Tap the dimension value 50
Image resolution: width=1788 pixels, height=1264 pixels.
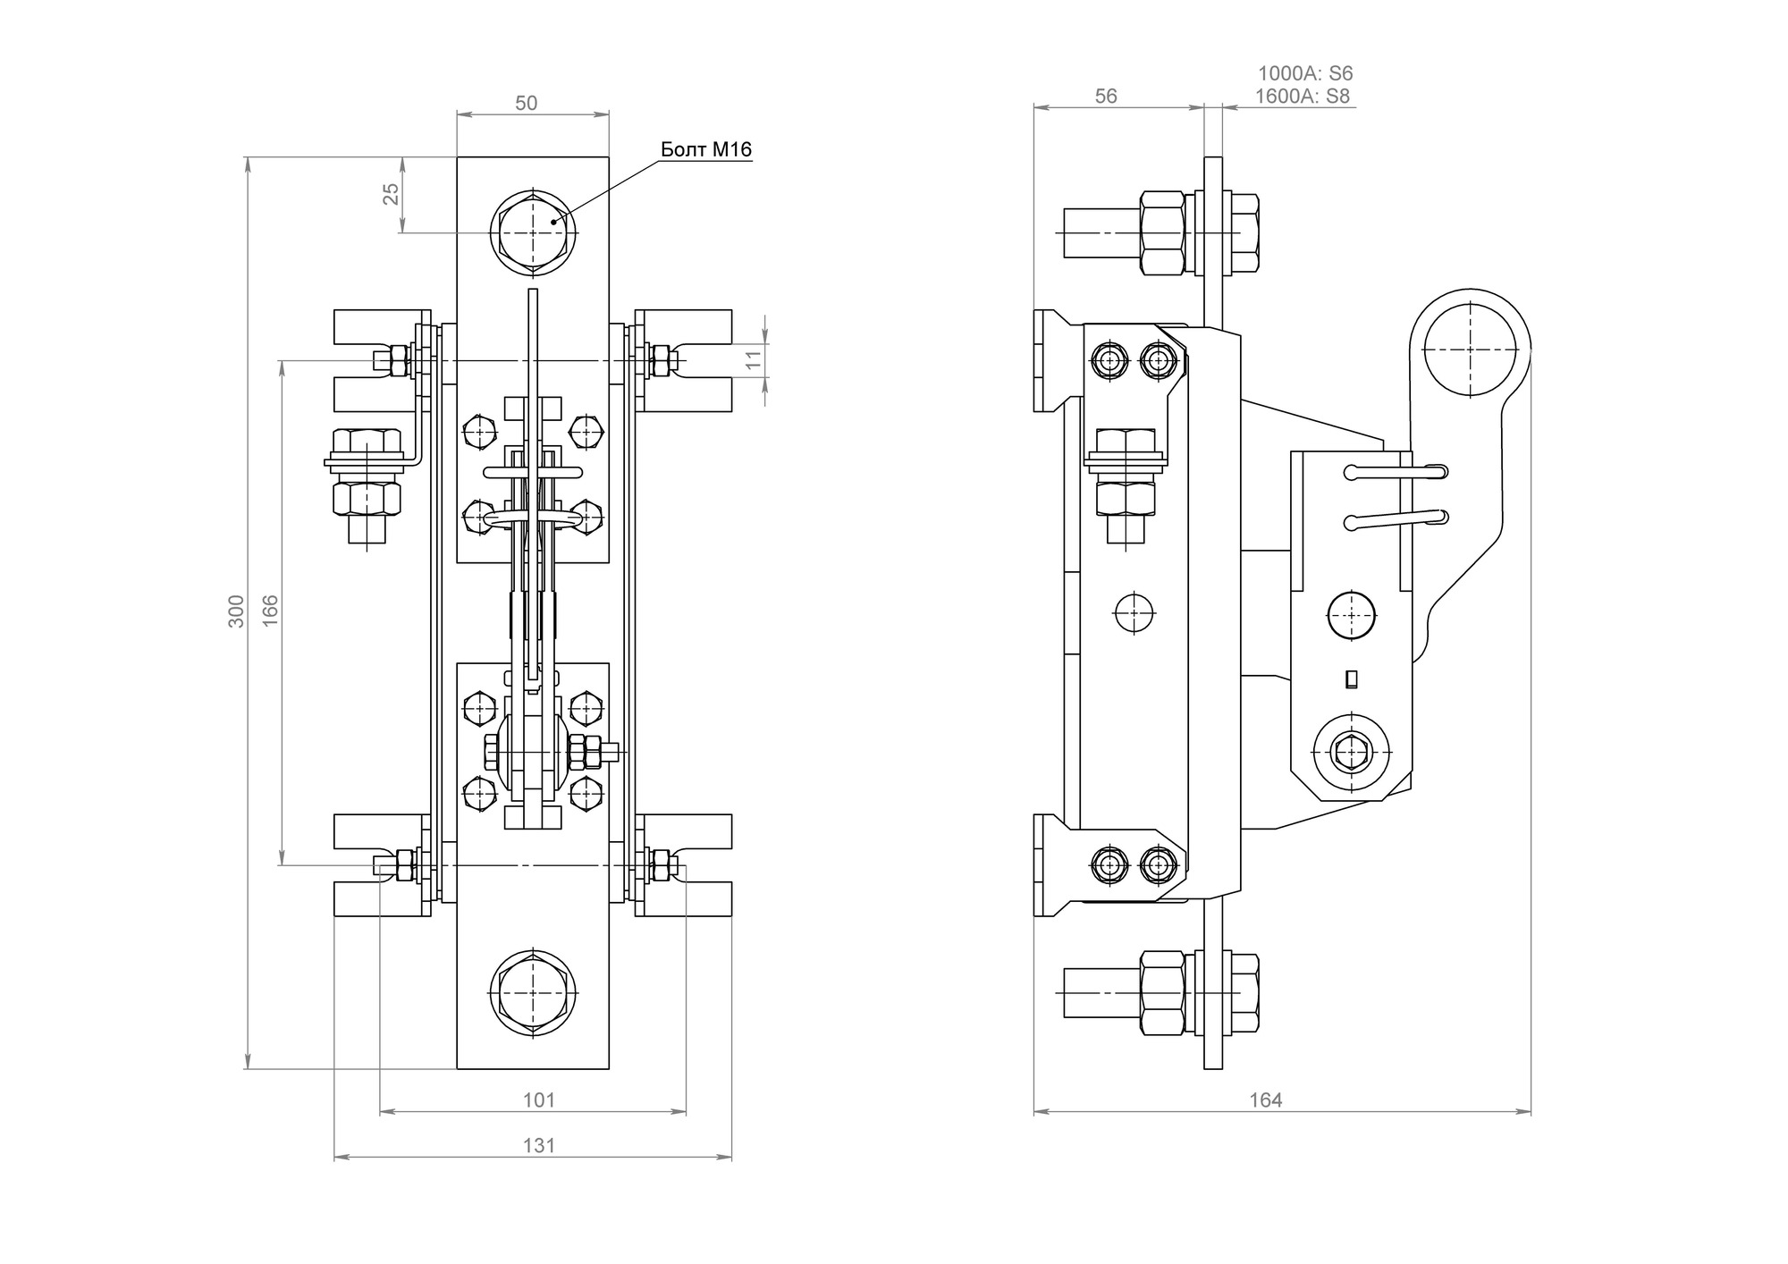tap(527, 103)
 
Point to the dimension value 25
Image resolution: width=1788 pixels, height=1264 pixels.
tap(392, 194)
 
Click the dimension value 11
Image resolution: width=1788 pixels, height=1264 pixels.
tap(754, 360)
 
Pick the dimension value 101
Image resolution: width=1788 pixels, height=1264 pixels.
tap(539, 1100)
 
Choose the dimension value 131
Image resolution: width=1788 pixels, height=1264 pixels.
tap(539, 1146)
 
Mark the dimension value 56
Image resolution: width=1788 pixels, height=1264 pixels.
tap(1106, 97)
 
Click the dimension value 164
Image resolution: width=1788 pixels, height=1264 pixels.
tap(1266, 1100)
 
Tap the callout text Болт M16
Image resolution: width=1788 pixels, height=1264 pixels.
tap(706, 149)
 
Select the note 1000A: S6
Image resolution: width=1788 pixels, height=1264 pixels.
tap(1306, 74)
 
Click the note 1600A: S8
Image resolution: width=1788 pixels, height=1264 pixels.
tap(1303, 97)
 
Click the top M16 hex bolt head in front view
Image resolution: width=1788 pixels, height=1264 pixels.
tap(533, 232)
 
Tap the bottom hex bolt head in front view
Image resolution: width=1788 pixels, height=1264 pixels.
tap(533, 993)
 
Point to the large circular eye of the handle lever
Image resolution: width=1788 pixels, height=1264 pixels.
tap(1471, 348)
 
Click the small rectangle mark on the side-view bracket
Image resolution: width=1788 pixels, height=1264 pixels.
tap(1352, 679)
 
